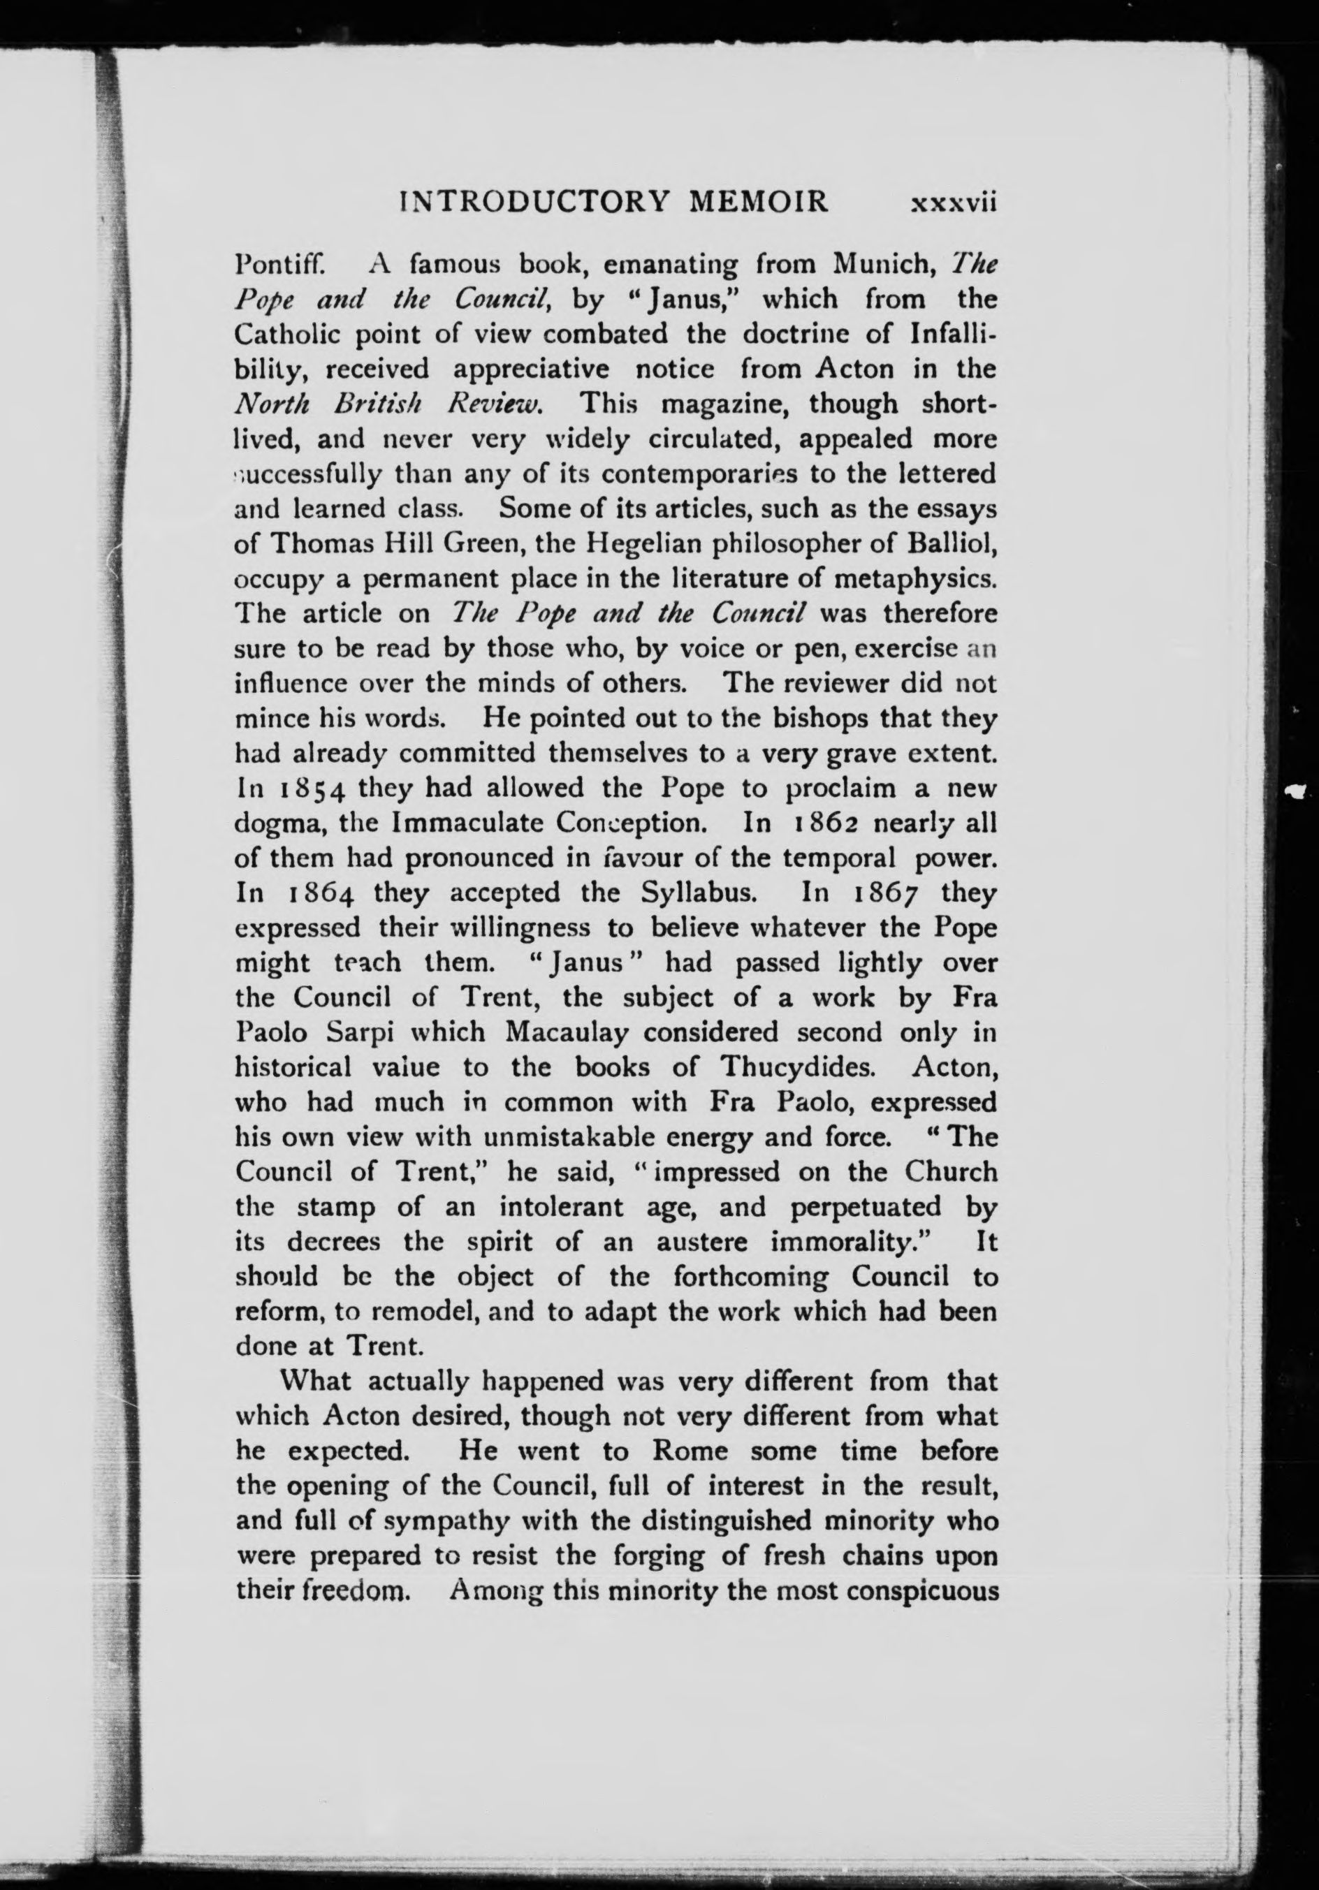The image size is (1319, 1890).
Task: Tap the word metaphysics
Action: tap(912, 580)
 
